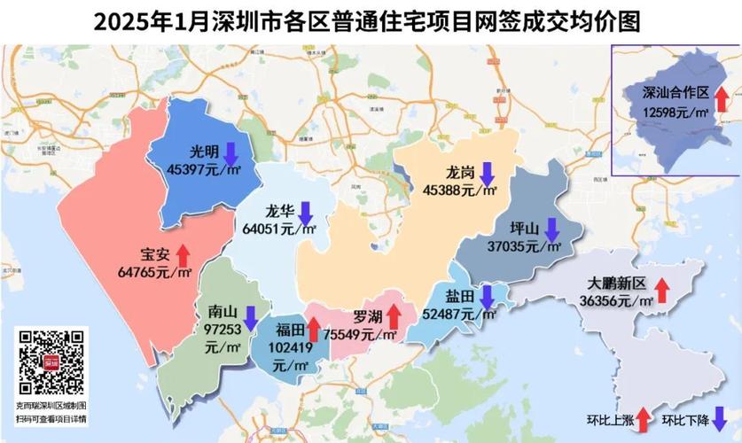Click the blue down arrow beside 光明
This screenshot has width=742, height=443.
click(x=230, y=153)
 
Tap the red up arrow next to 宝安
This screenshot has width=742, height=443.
click(x=183, y=253)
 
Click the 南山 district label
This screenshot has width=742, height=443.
click(x=222, y=312)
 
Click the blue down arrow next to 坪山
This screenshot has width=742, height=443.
click(x=551, y=229)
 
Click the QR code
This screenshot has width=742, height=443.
click(x=52, y=361)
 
